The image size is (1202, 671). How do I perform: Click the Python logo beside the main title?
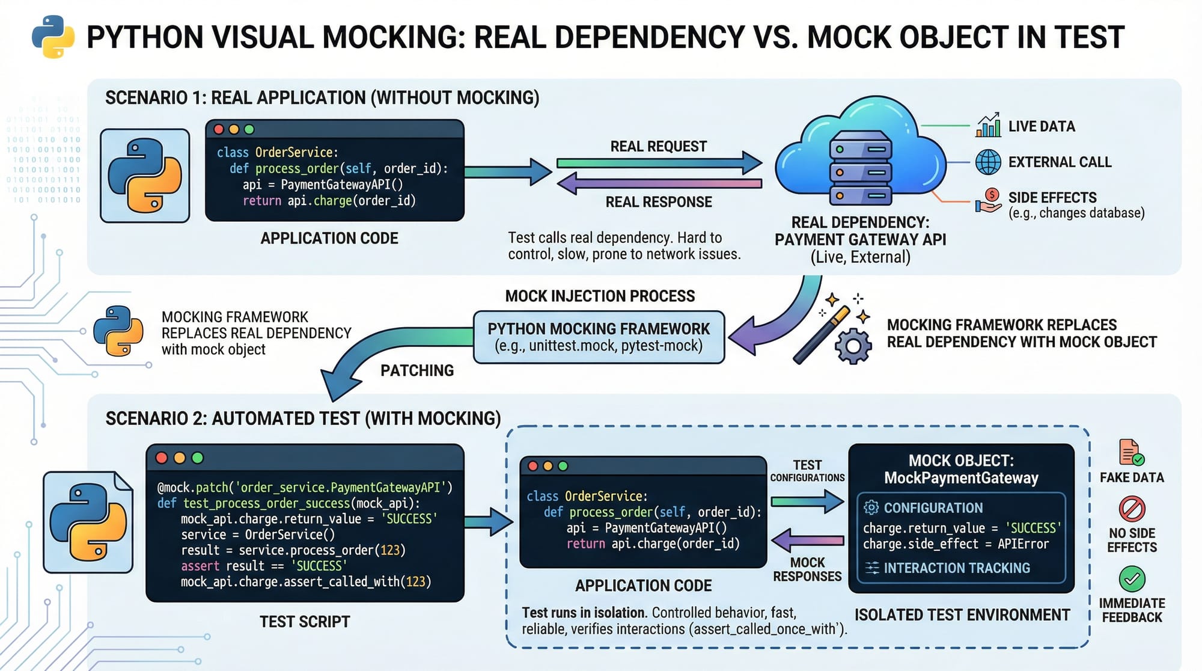(x=53, y=37)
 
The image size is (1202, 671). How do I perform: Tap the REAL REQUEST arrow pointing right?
(x=658, y=163)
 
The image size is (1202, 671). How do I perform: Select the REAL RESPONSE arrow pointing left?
(x=658, y=183)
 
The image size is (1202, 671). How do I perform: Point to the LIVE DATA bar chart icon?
(x=988, y=126)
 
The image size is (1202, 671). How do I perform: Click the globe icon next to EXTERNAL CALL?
(x=988, y=162)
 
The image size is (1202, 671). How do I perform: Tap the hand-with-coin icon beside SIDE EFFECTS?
(x=988, y=200)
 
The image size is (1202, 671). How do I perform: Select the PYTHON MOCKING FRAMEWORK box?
(x=599, y=337)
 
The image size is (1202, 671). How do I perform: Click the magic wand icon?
(x=821, y=335)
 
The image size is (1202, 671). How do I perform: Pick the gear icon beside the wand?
(x=853, y=346)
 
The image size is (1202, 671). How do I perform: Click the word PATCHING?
(x=417, y=370)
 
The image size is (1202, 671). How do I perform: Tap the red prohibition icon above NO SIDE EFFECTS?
(x=1132, y=509)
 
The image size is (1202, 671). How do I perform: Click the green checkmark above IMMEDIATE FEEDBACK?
(x=1132, y=578)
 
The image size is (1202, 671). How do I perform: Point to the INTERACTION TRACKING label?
(x=956, y=568)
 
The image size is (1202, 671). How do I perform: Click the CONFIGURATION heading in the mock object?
(x=933, y=508)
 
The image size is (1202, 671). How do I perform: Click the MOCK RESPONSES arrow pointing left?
(x=807, y=539)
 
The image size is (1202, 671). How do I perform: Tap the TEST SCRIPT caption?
(x=305, y=622)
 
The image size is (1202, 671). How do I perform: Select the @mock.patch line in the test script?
(x=304, y=487)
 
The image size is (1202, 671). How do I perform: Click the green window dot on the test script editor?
(x=197, y=458)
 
